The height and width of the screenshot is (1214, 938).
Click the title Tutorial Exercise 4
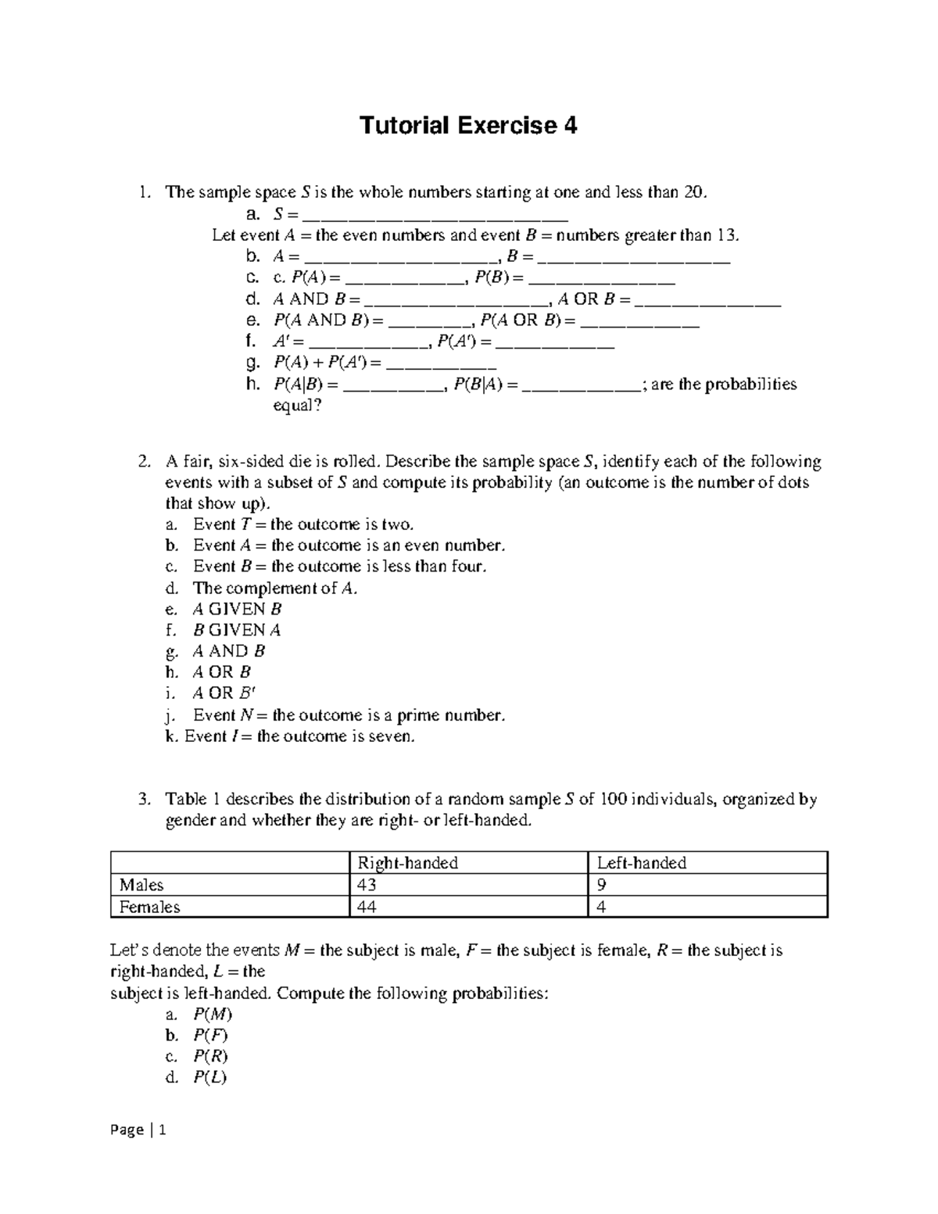(467, 125)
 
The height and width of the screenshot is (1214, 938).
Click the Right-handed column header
(407, 863)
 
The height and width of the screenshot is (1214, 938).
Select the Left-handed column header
(641, 863)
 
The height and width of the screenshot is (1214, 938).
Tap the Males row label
(141, 885)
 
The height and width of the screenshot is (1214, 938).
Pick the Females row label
(149, 907)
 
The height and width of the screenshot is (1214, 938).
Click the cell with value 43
(367, 885)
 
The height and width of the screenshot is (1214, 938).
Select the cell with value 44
(367, 907)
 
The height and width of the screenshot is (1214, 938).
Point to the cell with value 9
(602, 885)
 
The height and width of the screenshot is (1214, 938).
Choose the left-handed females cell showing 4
(602, 907)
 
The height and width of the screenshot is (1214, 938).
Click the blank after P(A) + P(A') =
(441, 364)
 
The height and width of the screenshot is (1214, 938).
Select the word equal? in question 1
(296, 406)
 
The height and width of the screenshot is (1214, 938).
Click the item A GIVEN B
(237, 609)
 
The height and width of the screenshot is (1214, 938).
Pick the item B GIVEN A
(237, 630)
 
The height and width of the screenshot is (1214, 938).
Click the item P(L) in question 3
(210, 1078)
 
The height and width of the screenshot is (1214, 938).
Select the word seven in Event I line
(392, 736)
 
